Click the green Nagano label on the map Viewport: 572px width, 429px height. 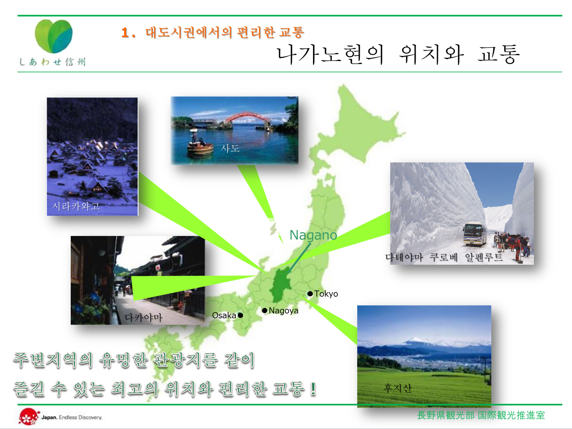[313, 235]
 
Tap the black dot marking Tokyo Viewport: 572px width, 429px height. [310, 294]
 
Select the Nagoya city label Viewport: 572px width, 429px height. [284, 311]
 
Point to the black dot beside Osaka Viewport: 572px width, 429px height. [240, 315]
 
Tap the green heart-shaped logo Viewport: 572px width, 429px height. [54, 36]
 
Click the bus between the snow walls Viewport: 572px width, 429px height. [475, 234]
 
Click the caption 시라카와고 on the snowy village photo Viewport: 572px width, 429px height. [76, 206]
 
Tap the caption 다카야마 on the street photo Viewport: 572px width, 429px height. [143, 317]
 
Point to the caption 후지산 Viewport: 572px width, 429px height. [398, 388]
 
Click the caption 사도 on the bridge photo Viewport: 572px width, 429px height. [230, 148]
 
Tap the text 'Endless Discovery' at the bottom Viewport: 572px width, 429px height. [80, 417]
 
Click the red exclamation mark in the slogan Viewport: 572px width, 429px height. [313, 388]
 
